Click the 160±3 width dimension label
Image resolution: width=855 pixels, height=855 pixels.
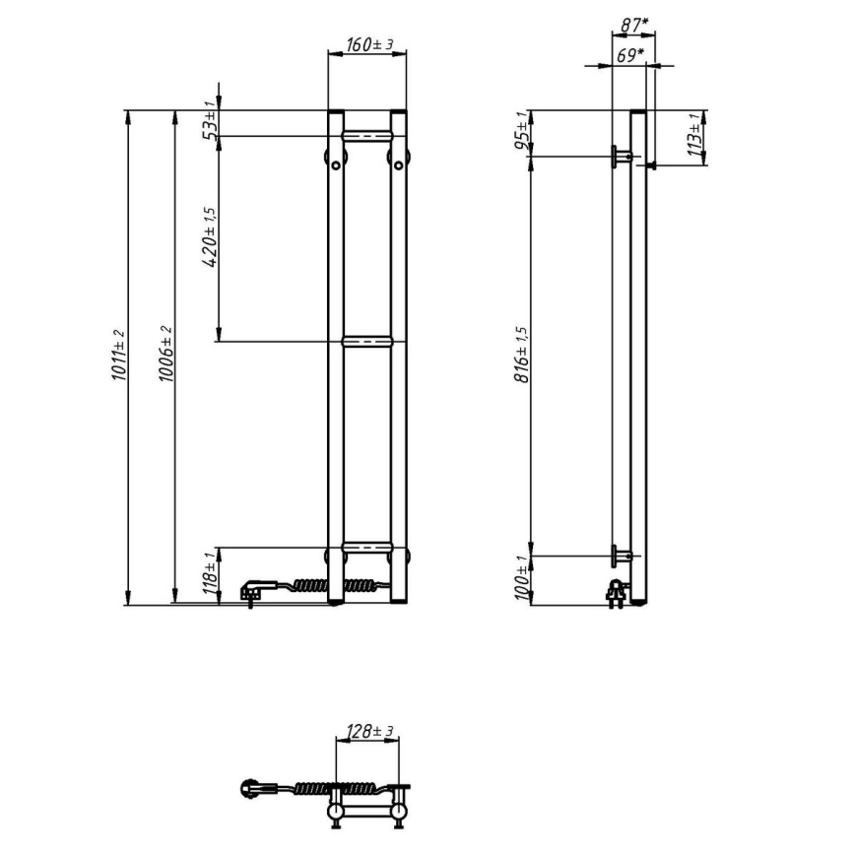click(369, 44)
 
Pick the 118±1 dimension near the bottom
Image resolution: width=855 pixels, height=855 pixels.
click(209, 573)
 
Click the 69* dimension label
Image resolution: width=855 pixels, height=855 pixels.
click(629, 55)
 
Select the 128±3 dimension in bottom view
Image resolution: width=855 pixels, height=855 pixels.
click(370, 731)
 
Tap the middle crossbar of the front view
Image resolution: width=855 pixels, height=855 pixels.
click(367, 342)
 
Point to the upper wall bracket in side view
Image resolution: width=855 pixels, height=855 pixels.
click(622, 156)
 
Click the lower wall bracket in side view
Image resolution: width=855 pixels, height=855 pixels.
click(622, 556)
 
